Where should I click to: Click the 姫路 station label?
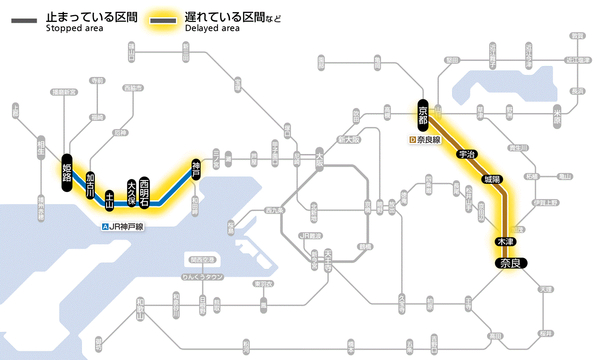coord(66,173)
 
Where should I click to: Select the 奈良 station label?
coord(511,263)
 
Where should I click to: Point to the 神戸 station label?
coord(196,169)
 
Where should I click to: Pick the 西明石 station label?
coord(144,193)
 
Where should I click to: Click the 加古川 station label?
coord(90,186)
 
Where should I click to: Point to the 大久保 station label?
coord(132,193)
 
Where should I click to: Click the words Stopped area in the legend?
coord(75,28)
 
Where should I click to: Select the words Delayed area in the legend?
coord(212,28)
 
